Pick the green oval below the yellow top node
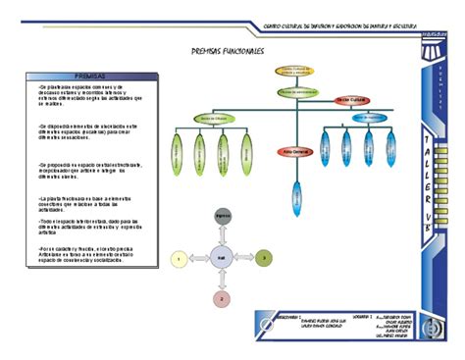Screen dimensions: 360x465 (x=294, y=92)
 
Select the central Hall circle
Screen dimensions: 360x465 (x=222, y=258)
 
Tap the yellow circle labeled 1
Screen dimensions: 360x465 (x=180, y=258)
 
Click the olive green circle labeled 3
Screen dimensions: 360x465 (x=263, y=258)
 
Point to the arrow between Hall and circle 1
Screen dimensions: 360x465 (x=200, y=258)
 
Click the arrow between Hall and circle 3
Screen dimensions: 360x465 (x=243, y=258)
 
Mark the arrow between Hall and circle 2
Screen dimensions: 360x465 (x=222, y=279)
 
